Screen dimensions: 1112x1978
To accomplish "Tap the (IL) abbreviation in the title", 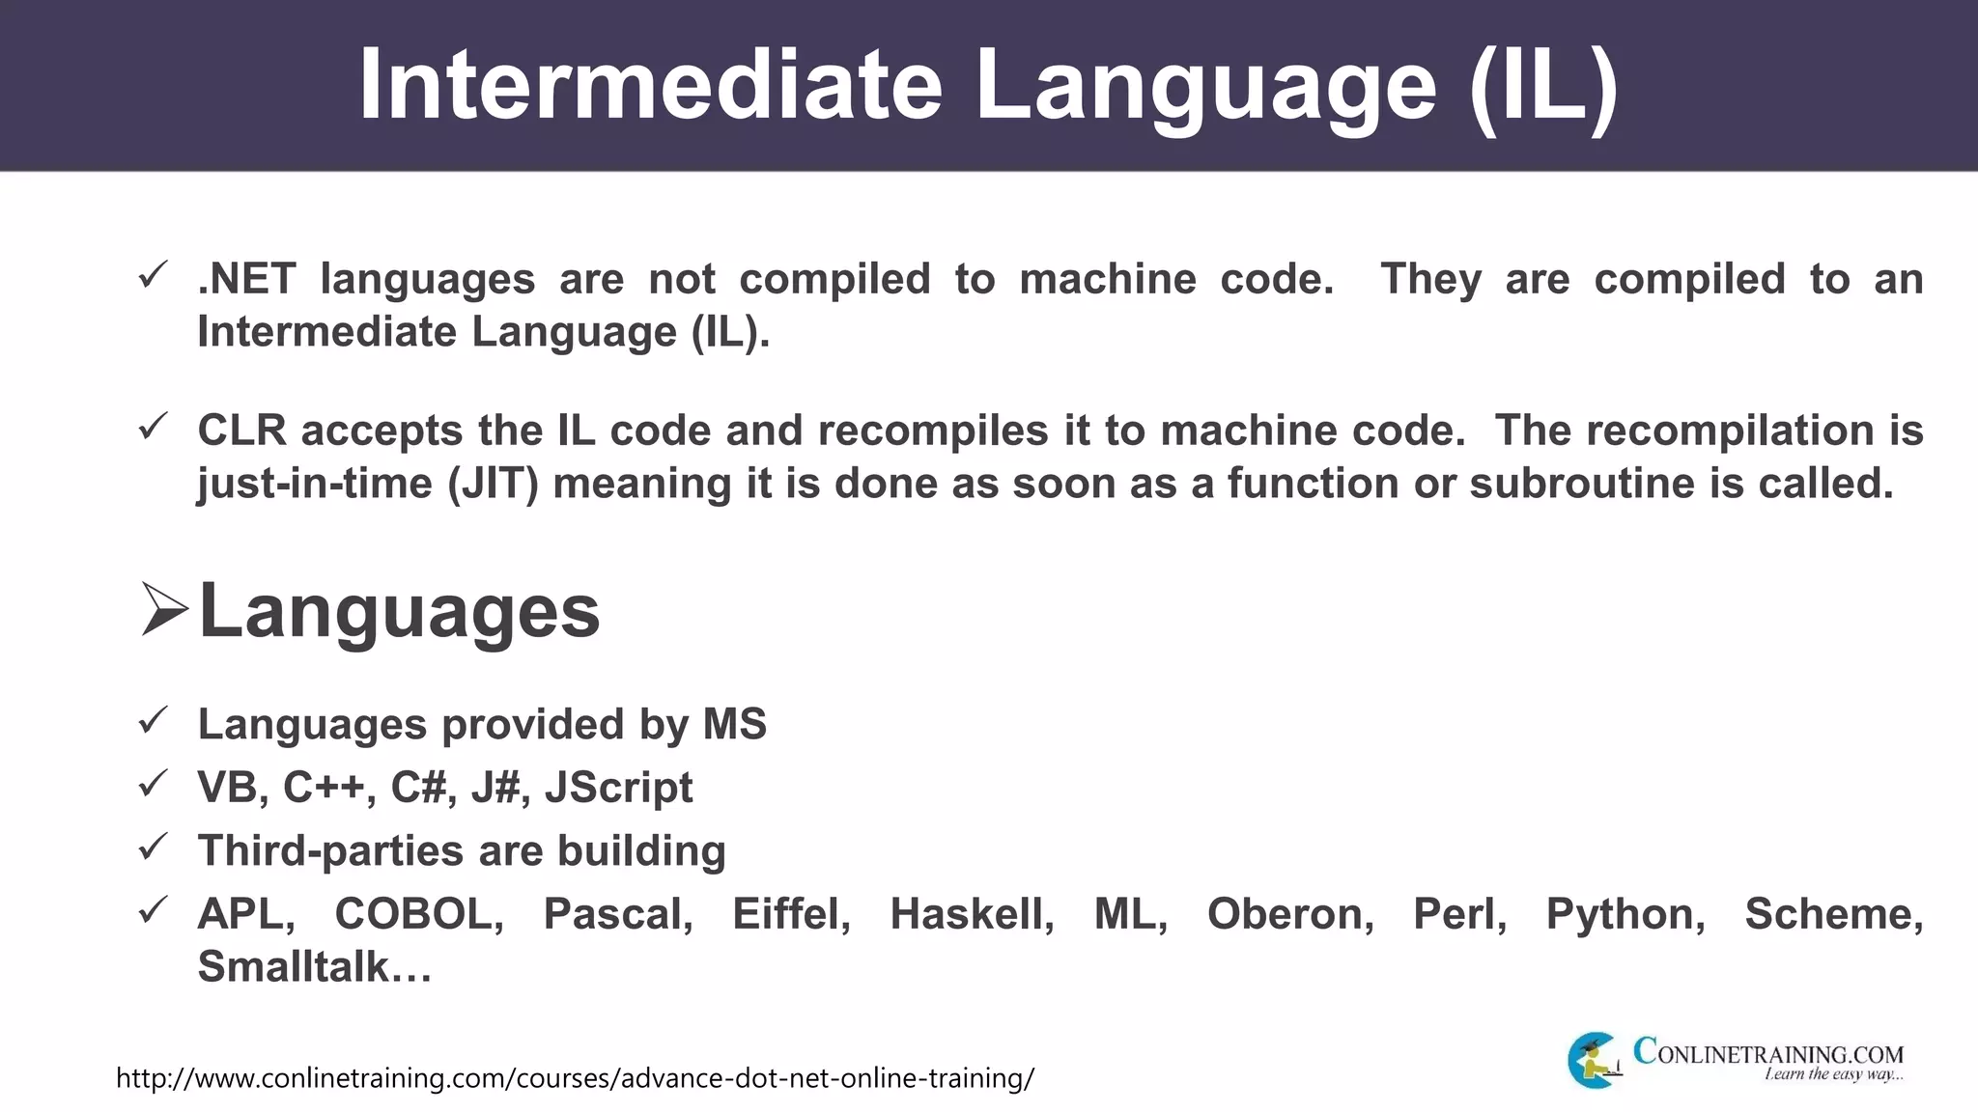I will pos(1543,85).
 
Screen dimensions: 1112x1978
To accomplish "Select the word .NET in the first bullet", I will pos(247,279).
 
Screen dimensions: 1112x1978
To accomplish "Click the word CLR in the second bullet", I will pos(241,431).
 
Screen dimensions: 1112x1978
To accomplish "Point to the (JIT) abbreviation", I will pos(493,484).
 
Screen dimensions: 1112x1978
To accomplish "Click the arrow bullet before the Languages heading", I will pos(163,610).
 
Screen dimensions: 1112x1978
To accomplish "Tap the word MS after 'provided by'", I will pos(734,724).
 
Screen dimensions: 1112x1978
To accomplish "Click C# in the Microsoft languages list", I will pos(418,788).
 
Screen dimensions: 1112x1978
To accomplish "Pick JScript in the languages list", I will pos(618,788).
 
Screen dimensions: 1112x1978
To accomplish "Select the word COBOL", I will pos(418,914).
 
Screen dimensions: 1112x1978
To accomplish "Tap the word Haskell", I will pos(972,914).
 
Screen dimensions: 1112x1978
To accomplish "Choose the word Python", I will pos(1625,914).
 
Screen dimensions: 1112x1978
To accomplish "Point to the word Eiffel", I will pos(791,914).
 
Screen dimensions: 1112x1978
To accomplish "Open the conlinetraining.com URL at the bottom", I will pos(575,1077).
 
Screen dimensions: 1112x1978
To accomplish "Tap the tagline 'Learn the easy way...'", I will pos(1833,1074).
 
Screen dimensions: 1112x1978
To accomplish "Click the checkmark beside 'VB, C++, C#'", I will pos(154,784).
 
